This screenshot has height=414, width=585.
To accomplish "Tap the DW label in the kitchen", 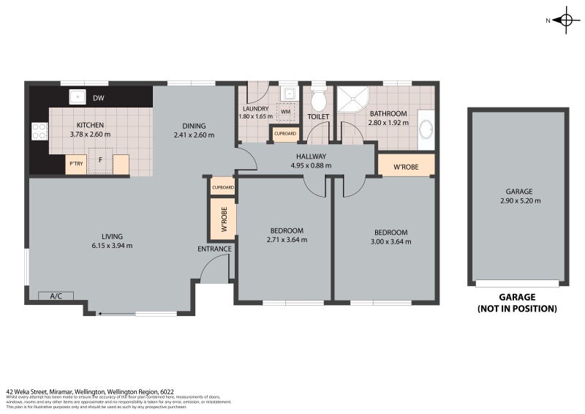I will [x=98, y=97].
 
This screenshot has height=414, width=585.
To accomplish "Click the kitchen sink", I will [x=75, y=97].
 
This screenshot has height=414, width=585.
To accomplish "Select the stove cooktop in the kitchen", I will [x=39, y=132].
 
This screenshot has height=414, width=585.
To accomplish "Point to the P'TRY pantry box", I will [x=76, y=165].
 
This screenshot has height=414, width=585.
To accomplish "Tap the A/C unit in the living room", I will [x=56, y=296].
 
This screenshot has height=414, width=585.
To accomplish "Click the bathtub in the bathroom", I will [x=425, y=130].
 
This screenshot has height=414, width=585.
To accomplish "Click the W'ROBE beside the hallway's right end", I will [x=406, y=165].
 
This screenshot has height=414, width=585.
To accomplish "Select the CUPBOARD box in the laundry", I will [x=284, y=135].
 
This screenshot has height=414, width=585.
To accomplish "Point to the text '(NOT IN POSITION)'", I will [x=517, y=309].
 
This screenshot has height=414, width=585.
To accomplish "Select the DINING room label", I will [x=194, y=125].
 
